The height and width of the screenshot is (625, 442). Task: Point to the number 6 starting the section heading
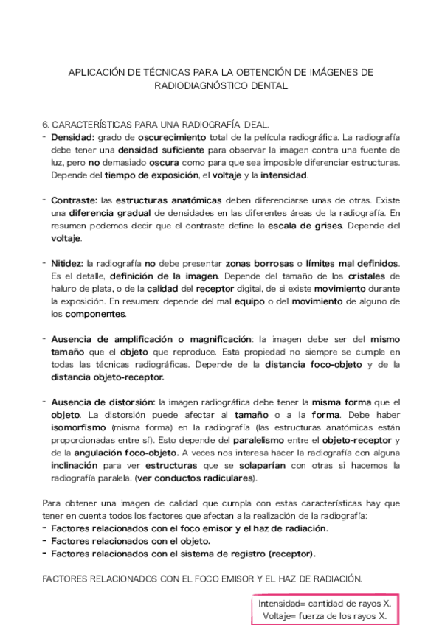coord(45,125)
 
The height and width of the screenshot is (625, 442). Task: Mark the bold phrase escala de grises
coord(339,225)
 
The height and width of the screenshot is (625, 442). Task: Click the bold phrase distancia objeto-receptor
coord(108,376)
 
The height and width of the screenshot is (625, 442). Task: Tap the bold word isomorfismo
coord(77,427)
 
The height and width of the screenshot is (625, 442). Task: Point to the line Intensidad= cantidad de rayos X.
coord(324,603)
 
